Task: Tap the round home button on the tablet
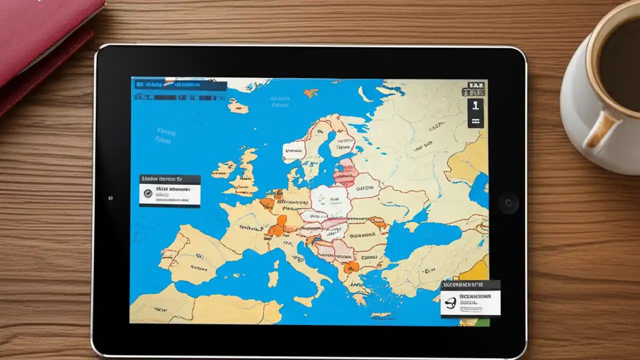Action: click(508, 203)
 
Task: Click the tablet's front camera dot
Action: click(110, 198)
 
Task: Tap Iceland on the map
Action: click(237, 106)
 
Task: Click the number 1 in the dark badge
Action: click(475, 105)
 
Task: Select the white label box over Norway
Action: click(293, 149)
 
